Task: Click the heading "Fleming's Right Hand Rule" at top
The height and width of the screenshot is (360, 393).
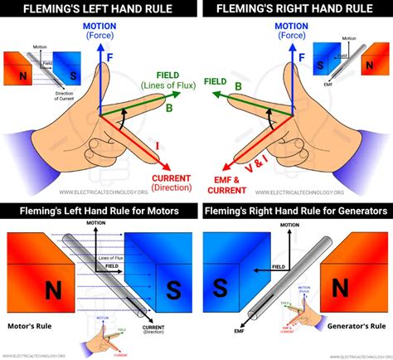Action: pyautogui.click(x=297, y=9)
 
